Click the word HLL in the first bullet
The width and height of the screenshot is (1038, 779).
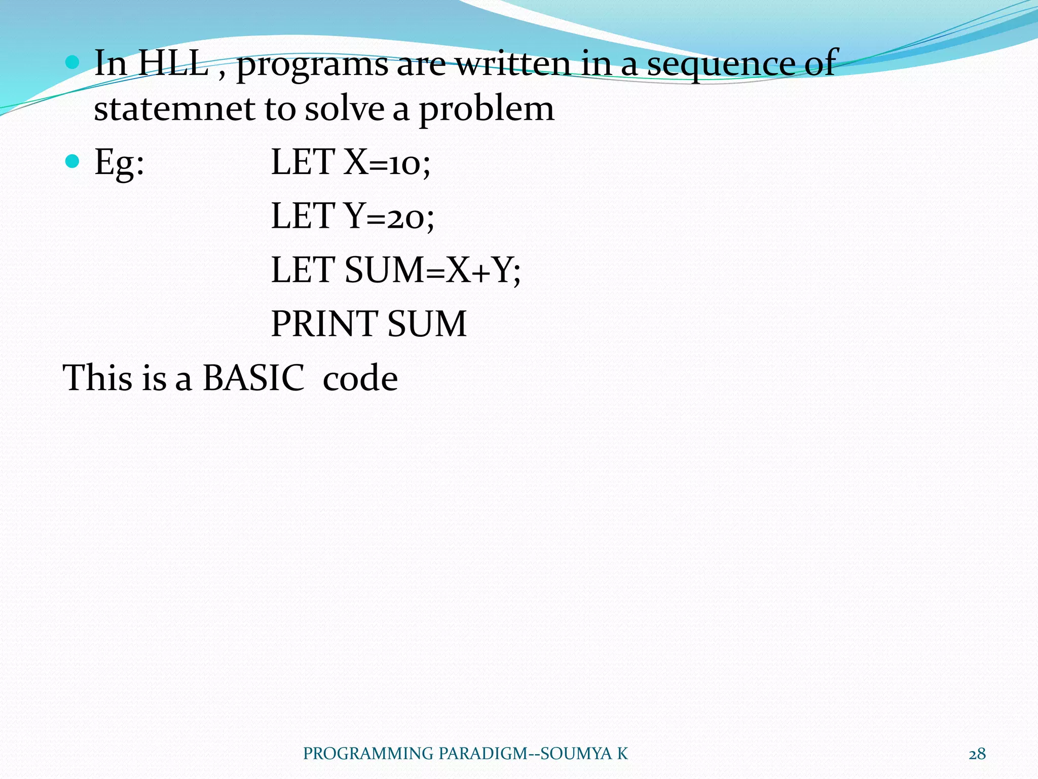coord(173,63)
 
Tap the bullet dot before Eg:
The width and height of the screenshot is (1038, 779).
coord(73,161)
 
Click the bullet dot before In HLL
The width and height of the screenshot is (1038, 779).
coord(73,62)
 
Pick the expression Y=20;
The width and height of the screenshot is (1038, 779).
coord(389,217)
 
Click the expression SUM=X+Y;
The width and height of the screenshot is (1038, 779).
coord(432,270)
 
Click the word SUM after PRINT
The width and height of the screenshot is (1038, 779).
coord(427,324)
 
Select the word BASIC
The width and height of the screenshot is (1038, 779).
coord(253,378)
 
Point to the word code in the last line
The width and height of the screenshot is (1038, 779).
coord(360,379)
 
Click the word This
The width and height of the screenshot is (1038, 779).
coord(99,378)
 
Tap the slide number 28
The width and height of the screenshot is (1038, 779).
coord(977,754)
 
